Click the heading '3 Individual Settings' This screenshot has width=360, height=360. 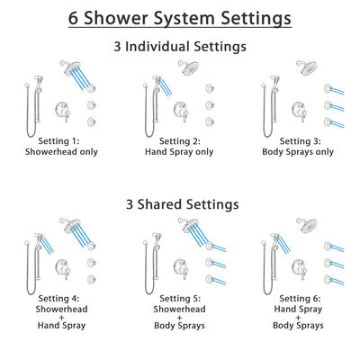point(180,47)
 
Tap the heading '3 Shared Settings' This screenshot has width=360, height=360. point(180,203)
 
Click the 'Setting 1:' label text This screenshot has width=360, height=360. point(59,141)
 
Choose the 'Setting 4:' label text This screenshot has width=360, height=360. point(59,298)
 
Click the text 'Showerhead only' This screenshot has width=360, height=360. point(59,152)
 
